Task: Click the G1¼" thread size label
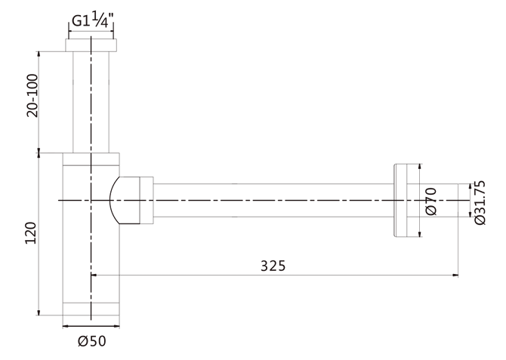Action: (x=92, y=20)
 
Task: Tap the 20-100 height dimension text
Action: (x=32, y=96)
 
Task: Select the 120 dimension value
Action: (x=31, y=233)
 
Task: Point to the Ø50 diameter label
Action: (x=92, y=341)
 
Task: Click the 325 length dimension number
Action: (x=273, y=266)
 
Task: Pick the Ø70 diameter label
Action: (x=431, y=202)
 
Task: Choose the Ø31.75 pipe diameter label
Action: (x=480, y=202)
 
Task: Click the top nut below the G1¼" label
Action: (x=91, y=45)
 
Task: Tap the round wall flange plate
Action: (x=400, y=200)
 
